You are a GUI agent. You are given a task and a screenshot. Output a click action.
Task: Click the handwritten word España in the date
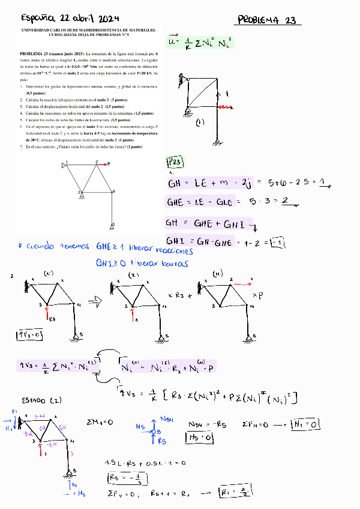26,17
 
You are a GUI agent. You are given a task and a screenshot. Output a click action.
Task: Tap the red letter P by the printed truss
109,163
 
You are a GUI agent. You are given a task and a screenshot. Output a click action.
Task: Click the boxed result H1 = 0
307,425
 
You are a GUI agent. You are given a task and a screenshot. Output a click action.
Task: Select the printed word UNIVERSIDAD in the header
36,28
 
